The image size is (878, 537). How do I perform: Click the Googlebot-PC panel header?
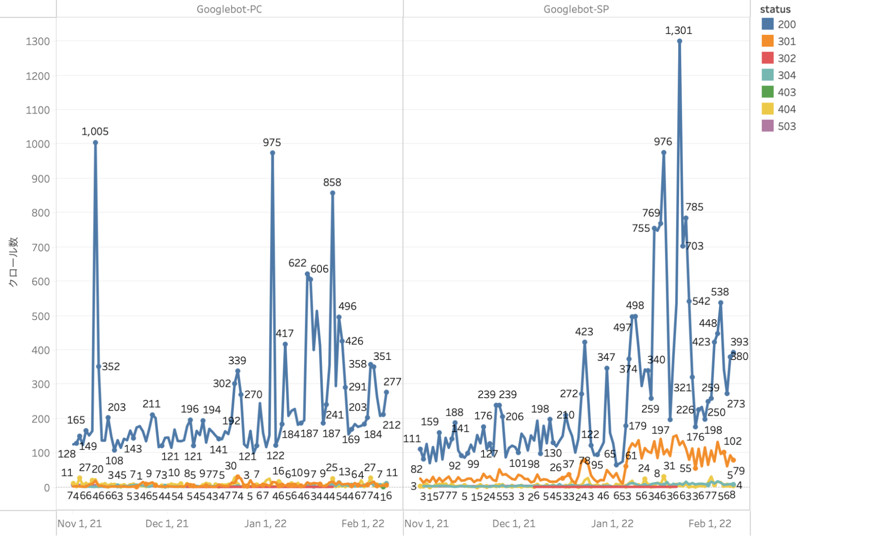tap(229, 9)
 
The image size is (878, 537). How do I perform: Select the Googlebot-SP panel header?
tap(576, 9)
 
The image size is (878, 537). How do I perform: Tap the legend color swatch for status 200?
tap(767, 24)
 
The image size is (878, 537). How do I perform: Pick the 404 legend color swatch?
tap(767, 109)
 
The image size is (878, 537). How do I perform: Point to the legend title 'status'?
tap(775, 9)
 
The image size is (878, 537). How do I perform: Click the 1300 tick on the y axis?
tap(38, 41)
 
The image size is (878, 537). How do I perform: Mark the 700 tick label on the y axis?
tap(40, 247)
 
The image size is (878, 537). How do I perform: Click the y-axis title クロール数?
tap(13, 262)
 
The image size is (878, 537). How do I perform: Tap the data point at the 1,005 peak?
tap(95, 143)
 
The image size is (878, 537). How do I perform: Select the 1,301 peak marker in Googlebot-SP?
tap(679, 41)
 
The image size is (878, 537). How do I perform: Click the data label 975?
tap(272, 142)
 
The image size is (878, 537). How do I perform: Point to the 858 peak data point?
tap(332, 193)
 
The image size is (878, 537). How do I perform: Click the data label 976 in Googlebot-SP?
tap(663, 142)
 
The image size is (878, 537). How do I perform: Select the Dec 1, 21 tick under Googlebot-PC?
tap(167, 523)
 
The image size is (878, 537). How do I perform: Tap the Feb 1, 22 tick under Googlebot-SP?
tap(710, 523)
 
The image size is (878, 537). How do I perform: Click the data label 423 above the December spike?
tap(584, 332)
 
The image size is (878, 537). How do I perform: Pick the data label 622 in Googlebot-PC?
tap(297, 263)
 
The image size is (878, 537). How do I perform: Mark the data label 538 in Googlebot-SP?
tap(720, 292)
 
